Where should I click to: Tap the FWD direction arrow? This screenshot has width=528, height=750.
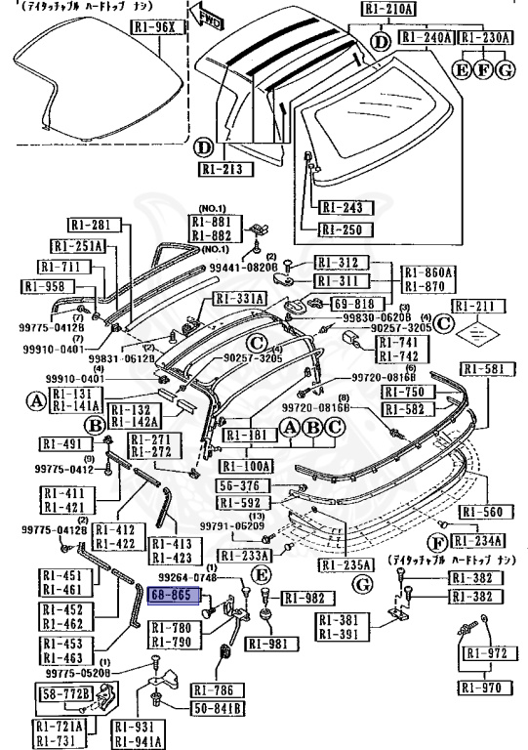click(x=210, y=17)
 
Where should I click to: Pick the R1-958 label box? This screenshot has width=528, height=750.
click(x=41, y=287)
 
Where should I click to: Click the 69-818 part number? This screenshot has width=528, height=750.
click(x=357, y=304)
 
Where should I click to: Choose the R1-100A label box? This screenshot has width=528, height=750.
click(x=247, y=466)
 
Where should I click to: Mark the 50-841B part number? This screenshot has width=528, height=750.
click(x=218, y=706)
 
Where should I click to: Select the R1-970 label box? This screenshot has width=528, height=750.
click(x=484, y=688)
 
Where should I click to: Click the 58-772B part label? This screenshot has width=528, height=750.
click(x=65, y=694)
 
